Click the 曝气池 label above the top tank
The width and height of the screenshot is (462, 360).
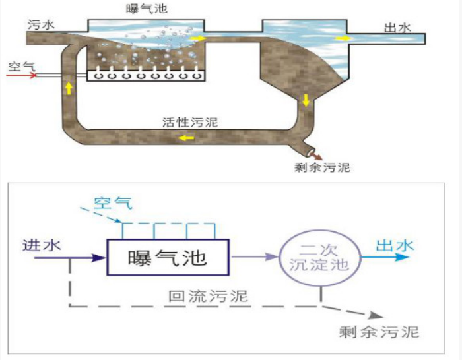tap(145, 9)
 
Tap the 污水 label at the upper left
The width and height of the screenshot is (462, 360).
tap(41, 24)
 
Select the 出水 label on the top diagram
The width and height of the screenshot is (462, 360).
tap(397, 27)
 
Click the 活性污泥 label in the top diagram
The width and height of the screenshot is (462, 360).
tap(190, 122)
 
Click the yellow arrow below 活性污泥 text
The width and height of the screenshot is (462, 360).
tap(185, 138)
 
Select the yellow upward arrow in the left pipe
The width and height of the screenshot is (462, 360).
tap(68, 88)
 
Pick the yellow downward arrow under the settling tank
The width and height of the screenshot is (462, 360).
tap(306, 101)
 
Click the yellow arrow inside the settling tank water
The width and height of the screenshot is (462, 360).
tap(341, 38)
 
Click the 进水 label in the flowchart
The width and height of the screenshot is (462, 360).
tap(41, 245)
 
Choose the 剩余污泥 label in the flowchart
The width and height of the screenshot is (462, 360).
tap(379, 331)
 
